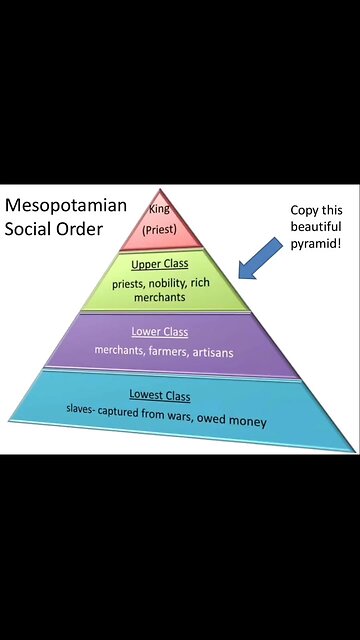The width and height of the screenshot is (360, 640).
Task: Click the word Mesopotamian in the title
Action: (x=66, y=206)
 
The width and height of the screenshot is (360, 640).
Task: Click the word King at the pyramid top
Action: (x=159, y=209)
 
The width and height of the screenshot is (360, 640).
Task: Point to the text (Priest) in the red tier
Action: (x=160, y=228)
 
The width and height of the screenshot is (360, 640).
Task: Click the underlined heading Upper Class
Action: (x=167, y=264)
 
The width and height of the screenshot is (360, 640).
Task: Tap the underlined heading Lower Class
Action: (x=160, y=331)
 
